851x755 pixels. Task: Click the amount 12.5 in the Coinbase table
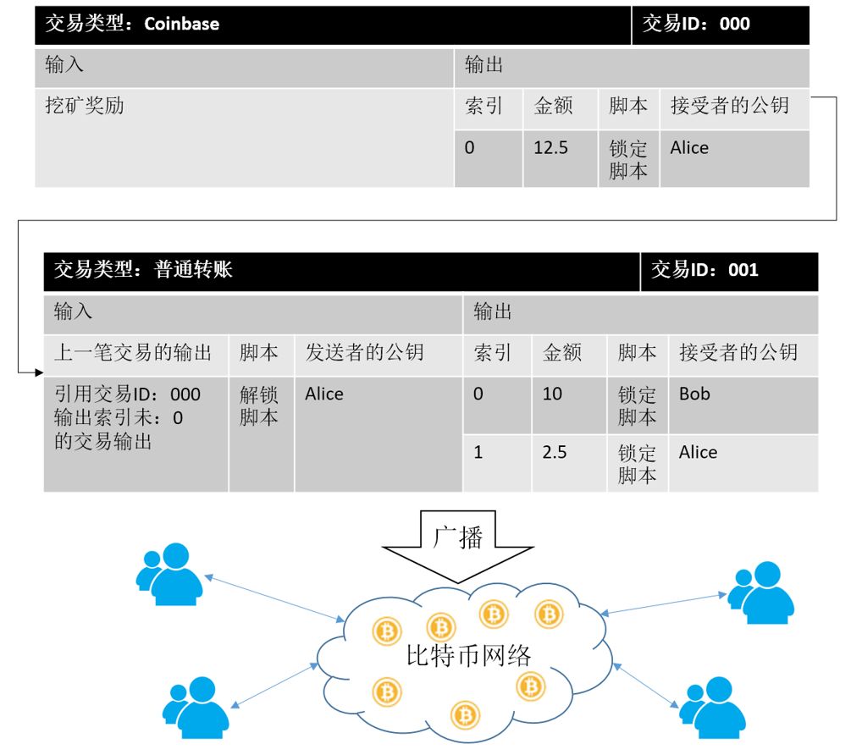tap(550, 148)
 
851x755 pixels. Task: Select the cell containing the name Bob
tap(694, 394)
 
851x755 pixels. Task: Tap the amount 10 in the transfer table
tap(552, 394)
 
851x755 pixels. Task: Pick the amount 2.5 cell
tap(555, 453)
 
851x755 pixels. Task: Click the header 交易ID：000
tap(696, 24)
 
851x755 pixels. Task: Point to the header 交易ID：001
tap(705, 271)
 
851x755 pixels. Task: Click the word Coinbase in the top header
tap(181, 24)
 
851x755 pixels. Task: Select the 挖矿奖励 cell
tap(84, 107)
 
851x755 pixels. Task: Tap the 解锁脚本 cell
tap(259, 405)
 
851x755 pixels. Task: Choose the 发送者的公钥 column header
tap(364, 353)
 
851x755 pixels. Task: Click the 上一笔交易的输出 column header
tap(133, 353)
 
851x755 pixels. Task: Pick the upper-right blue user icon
tap(761, 592)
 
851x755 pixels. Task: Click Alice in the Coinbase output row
tap(689, 148)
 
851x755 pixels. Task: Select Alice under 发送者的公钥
tap(324, 394)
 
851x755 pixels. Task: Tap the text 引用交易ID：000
tap(128, 394)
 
